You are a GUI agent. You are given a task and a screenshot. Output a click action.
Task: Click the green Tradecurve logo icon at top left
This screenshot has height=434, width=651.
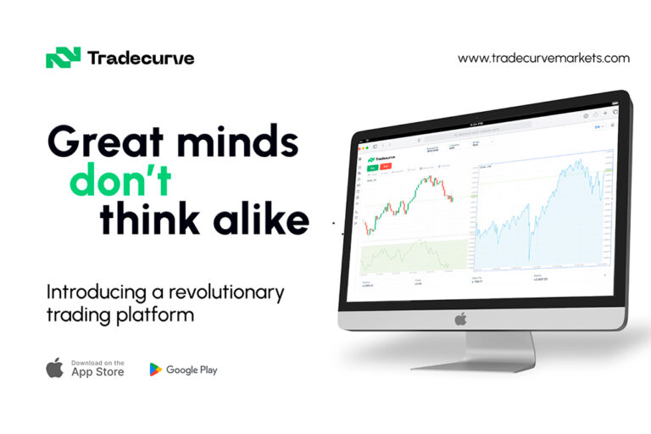point(62,58)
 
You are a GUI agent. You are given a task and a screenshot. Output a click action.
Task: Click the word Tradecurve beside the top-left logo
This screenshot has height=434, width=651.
point(140,58)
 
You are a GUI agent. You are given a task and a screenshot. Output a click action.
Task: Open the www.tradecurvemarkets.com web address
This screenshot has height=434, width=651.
point(543,58)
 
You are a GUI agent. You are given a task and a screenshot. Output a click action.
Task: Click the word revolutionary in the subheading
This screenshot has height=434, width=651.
point(223,293)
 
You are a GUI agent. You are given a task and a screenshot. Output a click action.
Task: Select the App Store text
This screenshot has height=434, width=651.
point(97,371)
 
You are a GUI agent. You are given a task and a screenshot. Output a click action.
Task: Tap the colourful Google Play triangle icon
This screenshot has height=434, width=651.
point(156,370)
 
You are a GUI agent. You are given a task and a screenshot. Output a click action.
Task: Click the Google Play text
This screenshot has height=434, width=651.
point(192,370)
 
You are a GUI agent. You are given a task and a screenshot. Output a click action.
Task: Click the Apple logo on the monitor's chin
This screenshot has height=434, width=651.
point(460,319)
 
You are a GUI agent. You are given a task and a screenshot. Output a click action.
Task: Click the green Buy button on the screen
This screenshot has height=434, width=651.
point(375,167)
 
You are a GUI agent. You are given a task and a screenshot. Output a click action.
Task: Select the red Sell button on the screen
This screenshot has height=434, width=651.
point(387,167)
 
